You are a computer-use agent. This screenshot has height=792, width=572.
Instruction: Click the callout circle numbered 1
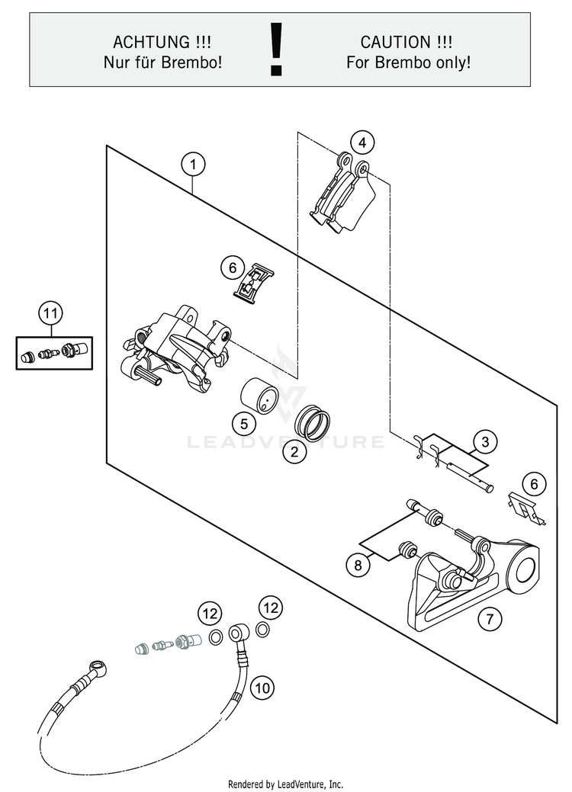pyautogui.click(x=194, y=164)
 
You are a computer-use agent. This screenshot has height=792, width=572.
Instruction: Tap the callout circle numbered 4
pyautogui.click(x=362, y=143)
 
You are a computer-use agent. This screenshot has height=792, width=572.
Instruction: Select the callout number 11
pyautogui.click(x=50, y=313)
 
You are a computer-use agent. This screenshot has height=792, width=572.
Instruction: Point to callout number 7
pyautogui.click(x=490, y=620)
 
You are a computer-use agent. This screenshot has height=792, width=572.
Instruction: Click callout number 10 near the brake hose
pyautogui.click(x=262, y=688)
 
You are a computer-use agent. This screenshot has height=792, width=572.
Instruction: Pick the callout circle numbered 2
pyautogui.click(x=294, y=451)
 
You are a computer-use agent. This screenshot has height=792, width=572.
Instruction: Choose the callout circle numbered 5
pyautogui.click(x=243, y=423)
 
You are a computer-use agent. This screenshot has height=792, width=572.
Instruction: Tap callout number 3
pyautogui.click(x=484, y=441)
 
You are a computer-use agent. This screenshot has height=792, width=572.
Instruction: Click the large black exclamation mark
pyautogui.click(x=276, y=49)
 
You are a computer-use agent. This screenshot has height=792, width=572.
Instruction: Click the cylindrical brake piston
pyautogui.click(x=257, y=396)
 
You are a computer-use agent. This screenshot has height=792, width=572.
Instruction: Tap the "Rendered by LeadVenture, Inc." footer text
pyautogui.click(x=286, y=784)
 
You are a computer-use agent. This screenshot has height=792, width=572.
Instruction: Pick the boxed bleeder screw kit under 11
pyautogui.click(x=53, y=352)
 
